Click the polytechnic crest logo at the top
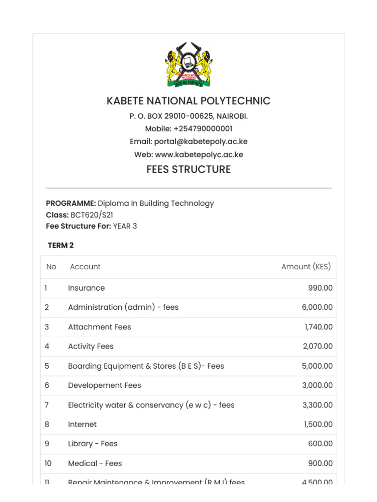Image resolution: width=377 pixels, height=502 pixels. coord(188,65)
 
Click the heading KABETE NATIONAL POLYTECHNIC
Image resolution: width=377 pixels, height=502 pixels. coord(188,101)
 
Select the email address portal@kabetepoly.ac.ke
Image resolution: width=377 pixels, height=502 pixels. coord(200,142)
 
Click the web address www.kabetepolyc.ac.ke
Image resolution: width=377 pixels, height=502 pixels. coord(199,154)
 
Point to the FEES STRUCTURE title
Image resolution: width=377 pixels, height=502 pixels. coord(188,170)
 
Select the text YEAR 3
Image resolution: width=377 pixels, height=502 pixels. coord(125,226)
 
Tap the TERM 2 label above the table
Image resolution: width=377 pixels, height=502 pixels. coord(61,245)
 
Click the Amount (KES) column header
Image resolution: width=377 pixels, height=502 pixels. coord(306,267)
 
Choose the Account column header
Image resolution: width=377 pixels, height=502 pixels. coord(85,267)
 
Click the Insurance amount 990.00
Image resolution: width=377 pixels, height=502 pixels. coord(320,288)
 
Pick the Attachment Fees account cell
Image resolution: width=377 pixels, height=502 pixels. coord(99,327)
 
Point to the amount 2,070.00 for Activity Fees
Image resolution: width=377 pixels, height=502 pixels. coord(317,346)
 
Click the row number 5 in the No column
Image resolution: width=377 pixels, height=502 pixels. coord(47,366)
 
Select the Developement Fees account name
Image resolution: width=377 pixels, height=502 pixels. coord(104,385)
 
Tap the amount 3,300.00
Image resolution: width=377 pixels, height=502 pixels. coord(317,405)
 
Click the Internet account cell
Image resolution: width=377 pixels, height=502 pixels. coord(82,425)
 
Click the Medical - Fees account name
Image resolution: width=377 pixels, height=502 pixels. coord(95,463)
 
